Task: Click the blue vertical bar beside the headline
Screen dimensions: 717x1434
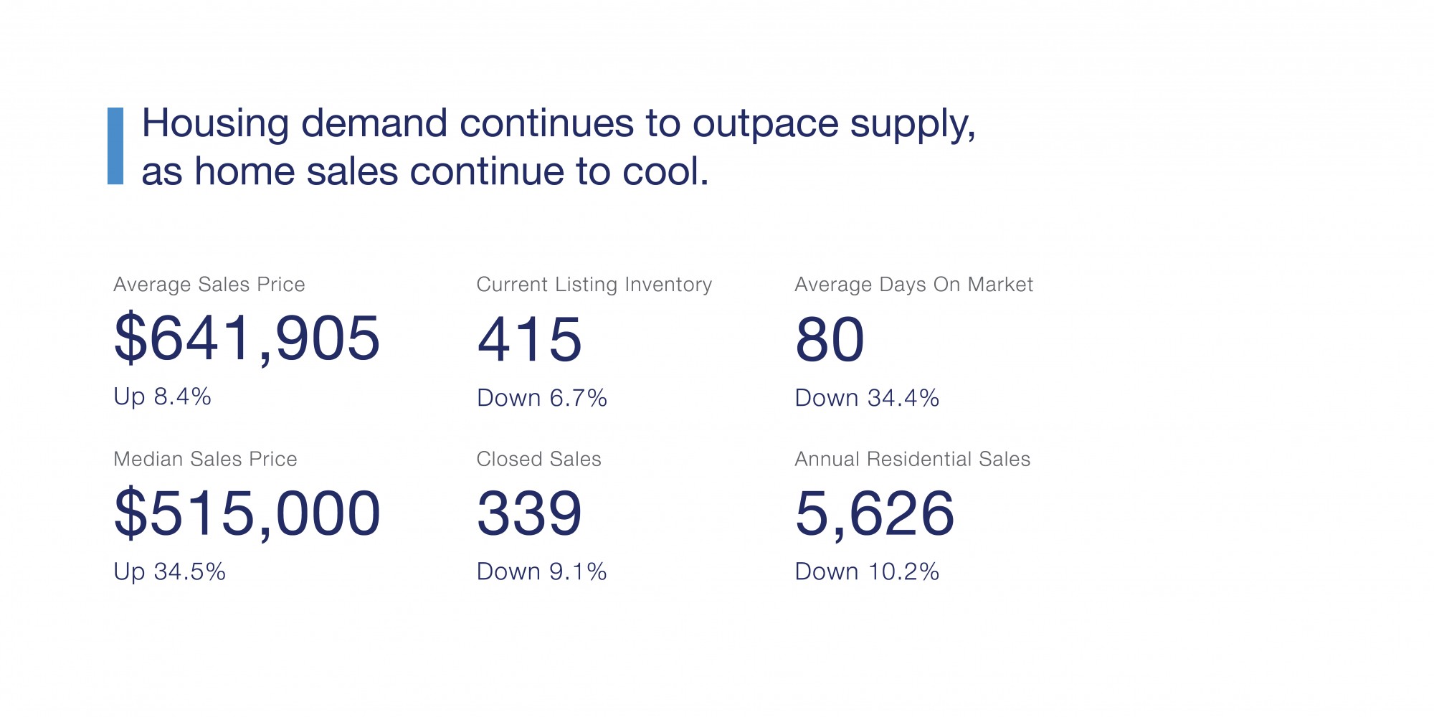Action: pyautogui.click(x=115, y=146)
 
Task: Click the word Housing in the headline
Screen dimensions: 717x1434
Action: pyautogui.click(x=215, y=124)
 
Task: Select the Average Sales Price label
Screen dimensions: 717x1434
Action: pyautogui.click(x=209, y=285)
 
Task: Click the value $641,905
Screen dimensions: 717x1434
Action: pyautogui.click(x=247, y=338)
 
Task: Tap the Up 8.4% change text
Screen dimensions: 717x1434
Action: pyautogui.click(x=162, y=397)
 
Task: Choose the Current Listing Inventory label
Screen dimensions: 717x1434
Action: pyautogui.click(x=594, y=285)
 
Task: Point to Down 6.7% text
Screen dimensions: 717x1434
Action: pyautogui.click(x=541, y=398)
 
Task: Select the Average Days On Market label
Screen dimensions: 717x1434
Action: pyautogui.click(x=913, y=285)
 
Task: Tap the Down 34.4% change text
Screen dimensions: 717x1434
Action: pyautogui.click(x=867, y=398)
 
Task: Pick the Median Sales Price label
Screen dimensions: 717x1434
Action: pyautogui.click(x=205, y=459)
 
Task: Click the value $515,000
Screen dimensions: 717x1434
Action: pyautogui.click(x=247, y=513)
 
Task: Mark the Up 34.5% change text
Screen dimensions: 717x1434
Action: pyautogui.click(x=169, y=571)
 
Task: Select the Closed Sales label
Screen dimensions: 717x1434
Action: pyautogui.click(x=538, y=459)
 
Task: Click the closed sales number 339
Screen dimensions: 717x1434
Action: pyautogui.click(x=529, y=513)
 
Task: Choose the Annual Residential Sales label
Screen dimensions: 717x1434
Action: pyautogui.click(x=912, y=459)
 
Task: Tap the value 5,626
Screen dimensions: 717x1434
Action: pyautogui.click(x=875, y=513)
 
